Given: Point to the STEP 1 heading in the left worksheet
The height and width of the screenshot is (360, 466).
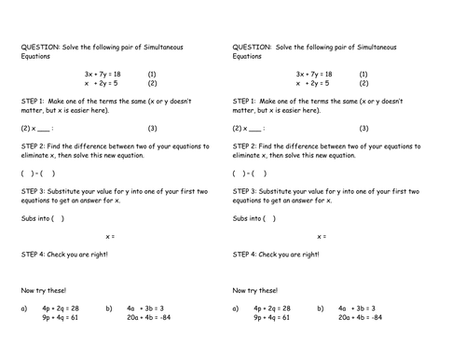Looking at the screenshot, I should tap(34, 100).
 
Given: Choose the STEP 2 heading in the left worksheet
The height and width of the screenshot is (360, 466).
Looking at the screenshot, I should tap(34, 146).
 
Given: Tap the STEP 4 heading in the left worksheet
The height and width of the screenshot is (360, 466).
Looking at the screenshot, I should tap(34, 255).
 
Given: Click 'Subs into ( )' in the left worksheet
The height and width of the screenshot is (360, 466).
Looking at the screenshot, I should tap(42, 218).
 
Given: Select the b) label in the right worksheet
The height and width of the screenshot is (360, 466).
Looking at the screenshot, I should tap(321, 308).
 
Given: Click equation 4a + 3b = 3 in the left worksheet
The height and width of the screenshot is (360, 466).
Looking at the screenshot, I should tap(145, 308).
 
